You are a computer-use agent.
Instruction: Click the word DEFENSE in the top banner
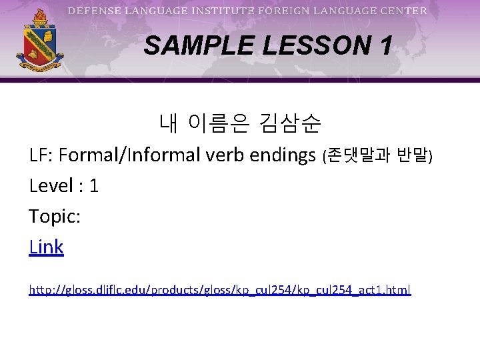(94, 11)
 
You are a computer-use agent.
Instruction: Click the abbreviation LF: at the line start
(41, 155)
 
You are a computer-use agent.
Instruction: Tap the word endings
(282, 156)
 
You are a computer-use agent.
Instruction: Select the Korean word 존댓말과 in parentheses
(359, 156)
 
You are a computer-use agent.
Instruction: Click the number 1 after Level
(93, 186)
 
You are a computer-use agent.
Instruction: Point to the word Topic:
(55, 217)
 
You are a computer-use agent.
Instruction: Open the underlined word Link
(47, 247)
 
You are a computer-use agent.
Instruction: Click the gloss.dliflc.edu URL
(220, 290)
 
